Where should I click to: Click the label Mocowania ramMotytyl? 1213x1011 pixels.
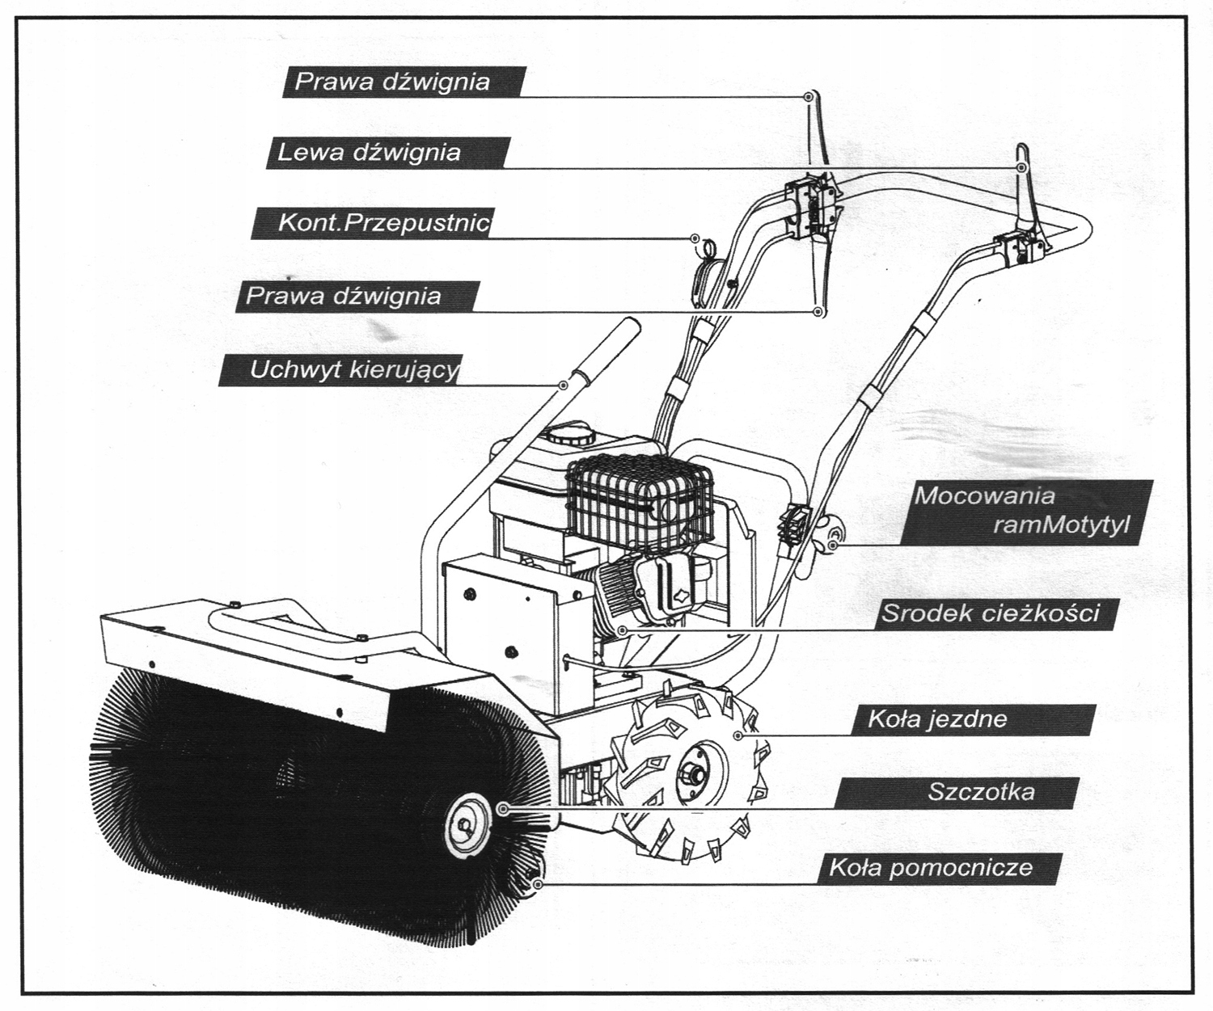point(1023,512)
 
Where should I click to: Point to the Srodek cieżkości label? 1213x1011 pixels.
point(991,613)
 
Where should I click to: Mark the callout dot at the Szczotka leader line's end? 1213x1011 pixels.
point(503,808)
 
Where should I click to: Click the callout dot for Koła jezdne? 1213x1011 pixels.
point(737,735)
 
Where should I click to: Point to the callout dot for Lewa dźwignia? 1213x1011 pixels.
point(1021,167)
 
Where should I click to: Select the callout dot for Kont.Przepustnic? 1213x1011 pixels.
point(695,238)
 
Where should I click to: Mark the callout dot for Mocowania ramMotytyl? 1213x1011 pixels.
point(834,546)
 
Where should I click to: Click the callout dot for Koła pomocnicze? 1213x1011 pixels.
point(538,884)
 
